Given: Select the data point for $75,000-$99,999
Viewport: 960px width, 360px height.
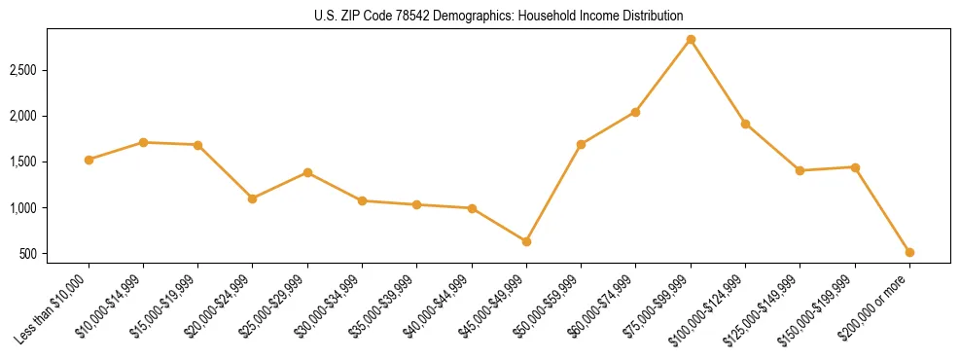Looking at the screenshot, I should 691,40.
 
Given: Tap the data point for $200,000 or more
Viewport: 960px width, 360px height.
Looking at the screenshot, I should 909,252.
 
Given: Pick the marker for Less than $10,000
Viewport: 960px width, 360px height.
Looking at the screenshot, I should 89,160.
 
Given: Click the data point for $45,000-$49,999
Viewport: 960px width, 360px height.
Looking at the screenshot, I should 526,241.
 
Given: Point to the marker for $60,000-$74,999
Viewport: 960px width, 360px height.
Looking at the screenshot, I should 635,112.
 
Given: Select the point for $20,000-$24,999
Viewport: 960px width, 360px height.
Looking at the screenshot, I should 252,198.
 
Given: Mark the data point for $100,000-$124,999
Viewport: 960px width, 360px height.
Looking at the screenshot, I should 745,124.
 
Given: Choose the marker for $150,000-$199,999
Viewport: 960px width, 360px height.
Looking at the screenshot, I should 855,167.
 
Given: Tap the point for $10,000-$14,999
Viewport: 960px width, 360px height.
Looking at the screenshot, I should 143,142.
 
